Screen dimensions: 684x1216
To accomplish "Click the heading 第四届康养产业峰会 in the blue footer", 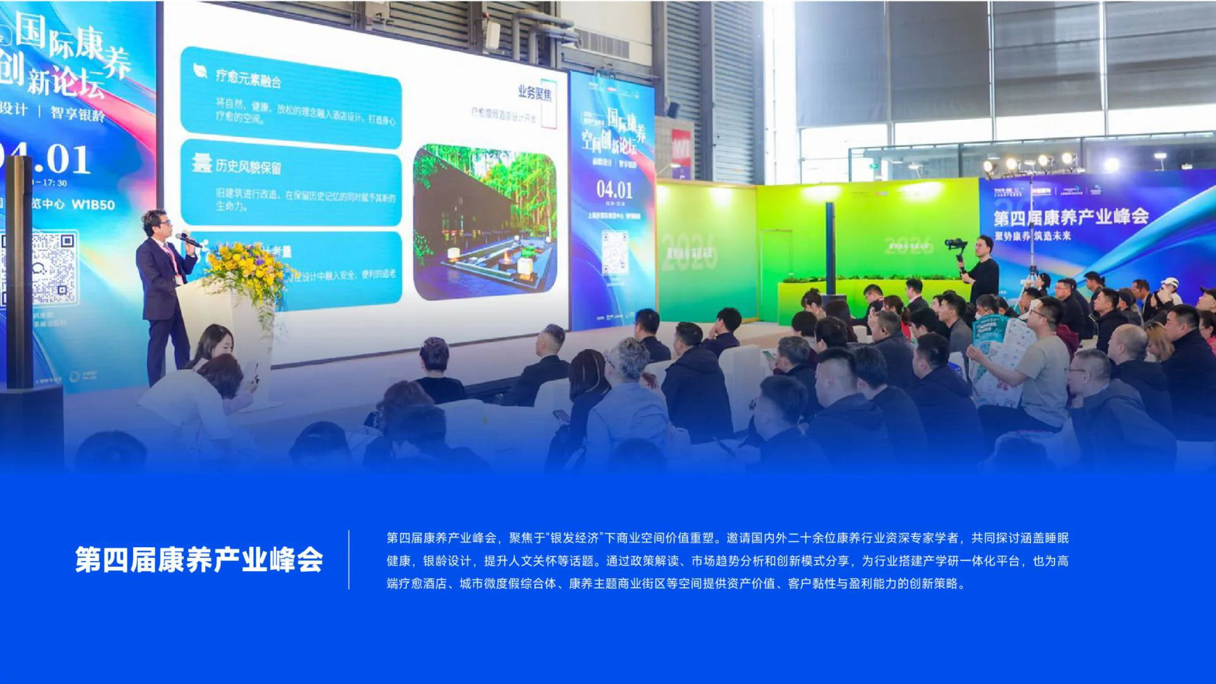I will point(199,560).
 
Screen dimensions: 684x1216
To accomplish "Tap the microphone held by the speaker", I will point(188,240).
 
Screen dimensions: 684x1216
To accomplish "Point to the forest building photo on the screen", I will point(484,221).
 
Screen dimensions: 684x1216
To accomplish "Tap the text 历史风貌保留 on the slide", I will point(248,167).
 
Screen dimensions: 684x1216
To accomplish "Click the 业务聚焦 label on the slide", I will point(535,93).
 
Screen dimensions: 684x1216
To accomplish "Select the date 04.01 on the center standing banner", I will point(614,189).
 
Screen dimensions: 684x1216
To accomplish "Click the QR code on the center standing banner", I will point(614,251).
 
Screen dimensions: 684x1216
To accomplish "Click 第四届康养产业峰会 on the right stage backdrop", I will point(1070,217).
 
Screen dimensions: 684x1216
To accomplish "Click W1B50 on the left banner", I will point(93,205).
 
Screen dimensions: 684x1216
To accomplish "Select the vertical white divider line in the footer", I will point(349,560).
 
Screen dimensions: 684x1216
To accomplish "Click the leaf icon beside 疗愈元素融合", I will point(200,71).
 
